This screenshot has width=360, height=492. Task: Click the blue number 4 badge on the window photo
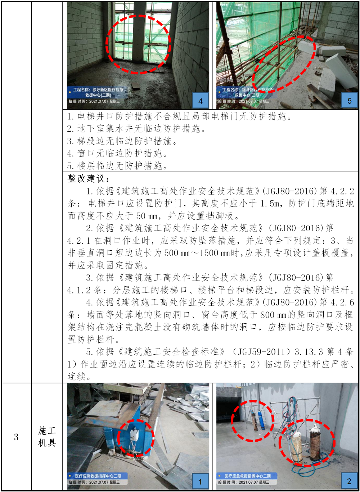click(201, 101)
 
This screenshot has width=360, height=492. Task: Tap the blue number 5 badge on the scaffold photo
click(350, 101)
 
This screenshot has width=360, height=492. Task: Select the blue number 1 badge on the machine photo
click(201, 482)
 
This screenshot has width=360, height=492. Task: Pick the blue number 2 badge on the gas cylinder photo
click(349, 481)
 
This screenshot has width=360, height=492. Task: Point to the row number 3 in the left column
click(16, 437)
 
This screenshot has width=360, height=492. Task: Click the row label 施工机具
click(47, 437)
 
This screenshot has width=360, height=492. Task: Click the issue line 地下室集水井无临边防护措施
click(136, 129)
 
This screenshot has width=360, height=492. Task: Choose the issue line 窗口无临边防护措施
click(117, 153)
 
